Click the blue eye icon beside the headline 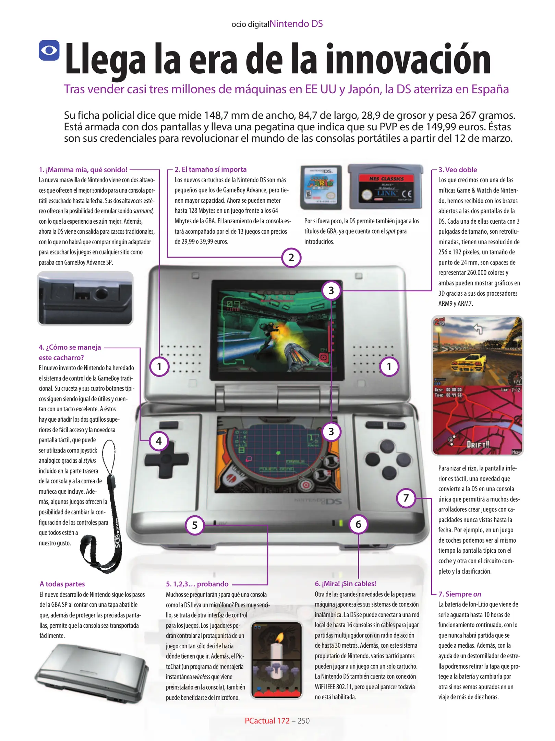pyautogui.click(x=49, y=50)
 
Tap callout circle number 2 pyautogui.click(x=291, y=258)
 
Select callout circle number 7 pyautogui.click(x=406, y=498)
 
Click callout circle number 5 pyautogui.click(x=195, y=525)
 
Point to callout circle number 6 pyautogui.click(x=358, y=524)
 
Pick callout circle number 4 pyautogui.click(x=159, y=441)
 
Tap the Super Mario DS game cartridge pyautogui.click(x=321, y=187)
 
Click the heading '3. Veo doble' pyautogui.click(x=458, y=169)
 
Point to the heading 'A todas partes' pyautogui.click(x=62, y=584)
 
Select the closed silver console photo pyautogui.click(x=92, y=674)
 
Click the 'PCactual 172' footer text pyautogui.click(x=267, y=721)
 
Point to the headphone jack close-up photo pyautogui.click(x=85, y=298)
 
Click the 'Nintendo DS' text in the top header pyautogui.click(x=296, y=24)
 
